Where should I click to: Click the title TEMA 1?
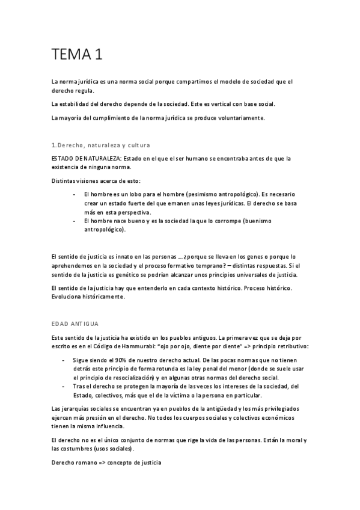tap(76, 55)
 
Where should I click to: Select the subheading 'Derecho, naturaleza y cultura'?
tap(103, 146)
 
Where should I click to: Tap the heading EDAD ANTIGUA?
tap(75, 324)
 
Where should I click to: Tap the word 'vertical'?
tap(221, 104)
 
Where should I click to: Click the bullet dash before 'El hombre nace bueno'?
tap(73, 221)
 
